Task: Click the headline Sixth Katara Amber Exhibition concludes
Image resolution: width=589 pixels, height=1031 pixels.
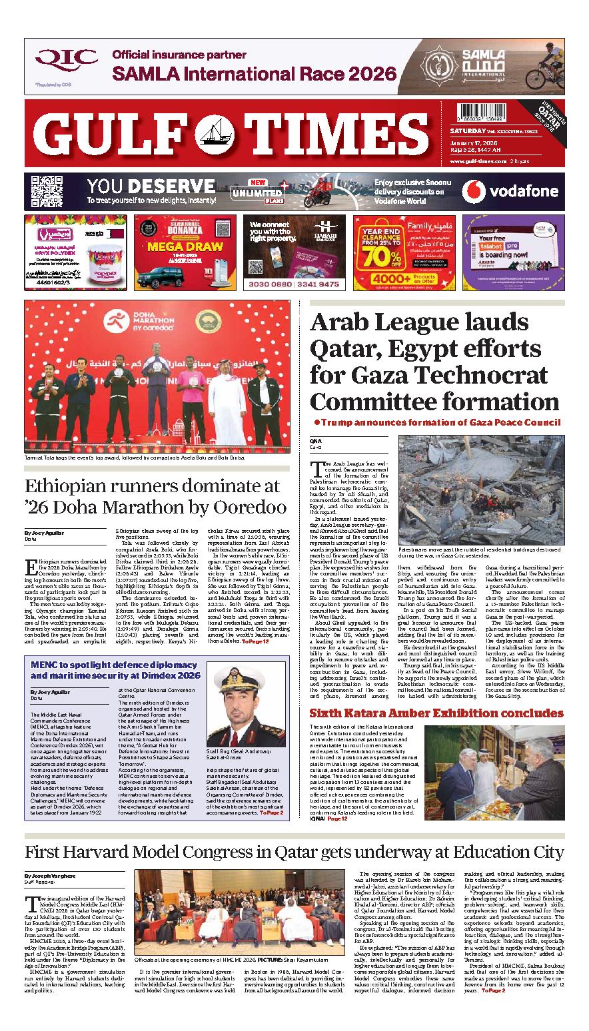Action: click(436, 713)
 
